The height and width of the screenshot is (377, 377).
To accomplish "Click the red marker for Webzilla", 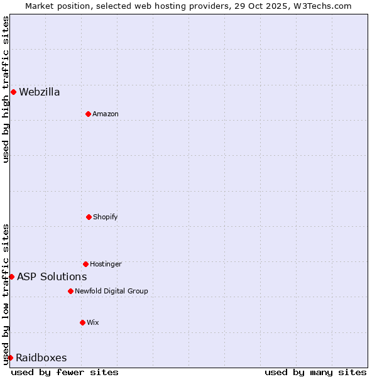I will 13,92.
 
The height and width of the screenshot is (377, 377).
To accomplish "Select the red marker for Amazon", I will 88,114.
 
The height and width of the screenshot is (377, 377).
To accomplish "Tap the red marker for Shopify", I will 89,217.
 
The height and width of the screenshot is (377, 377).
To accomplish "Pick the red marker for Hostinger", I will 85,264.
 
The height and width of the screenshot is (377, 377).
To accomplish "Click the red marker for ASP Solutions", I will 11,276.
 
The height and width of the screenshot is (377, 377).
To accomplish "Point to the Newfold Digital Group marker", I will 70,291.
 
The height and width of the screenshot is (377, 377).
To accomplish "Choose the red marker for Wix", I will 82,322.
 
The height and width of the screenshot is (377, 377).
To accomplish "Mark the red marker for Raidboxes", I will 10,358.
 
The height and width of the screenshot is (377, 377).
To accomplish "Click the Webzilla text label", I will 40,92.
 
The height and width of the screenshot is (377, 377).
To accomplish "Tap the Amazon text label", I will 106,114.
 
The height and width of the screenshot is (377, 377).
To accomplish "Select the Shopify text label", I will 106,217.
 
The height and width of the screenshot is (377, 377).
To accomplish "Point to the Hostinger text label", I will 106,265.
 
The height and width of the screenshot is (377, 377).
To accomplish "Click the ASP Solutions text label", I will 52,277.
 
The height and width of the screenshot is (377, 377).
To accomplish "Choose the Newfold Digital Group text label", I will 111,292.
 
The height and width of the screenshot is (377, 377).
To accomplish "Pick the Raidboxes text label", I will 41,358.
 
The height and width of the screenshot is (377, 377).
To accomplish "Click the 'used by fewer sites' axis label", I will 65,372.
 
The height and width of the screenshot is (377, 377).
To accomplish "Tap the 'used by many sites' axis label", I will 315,372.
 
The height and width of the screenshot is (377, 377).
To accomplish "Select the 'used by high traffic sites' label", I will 6,89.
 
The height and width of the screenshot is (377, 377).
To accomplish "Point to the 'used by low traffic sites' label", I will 6,294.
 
